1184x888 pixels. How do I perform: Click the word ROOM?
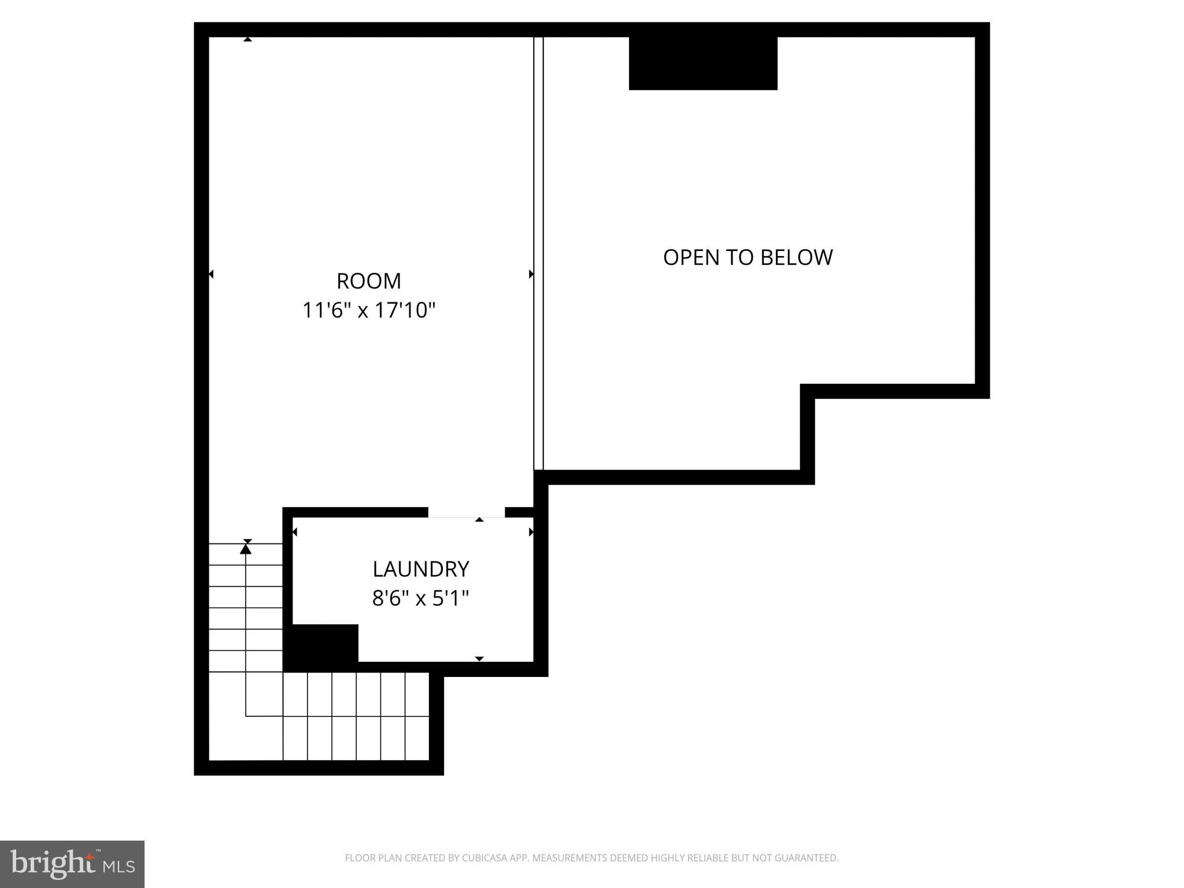click(369, 282)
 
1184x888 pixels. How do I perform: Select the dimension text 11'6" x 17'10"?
click(369, 311)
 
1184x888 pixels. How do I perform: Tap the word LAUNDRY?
click(420, 569)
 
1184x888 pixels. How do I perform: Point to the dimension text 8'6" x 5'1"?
click(420, 598)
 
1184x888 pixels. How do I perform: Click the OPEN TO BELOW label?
click(748, 257)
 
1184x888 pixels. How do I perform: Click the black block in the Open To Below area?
click(703, 64)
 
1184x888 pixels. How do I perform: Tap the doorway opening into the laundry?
click(466, 513)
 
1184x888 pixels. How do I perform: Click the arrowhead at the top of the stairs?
click(246, 549)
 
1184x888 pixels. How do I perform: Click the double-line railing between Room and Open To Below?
click(538, 254)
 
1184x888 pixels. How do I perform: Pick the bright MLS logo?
click(72, 864)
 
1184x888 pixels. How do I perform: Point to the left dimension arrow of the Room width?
click(211, 274)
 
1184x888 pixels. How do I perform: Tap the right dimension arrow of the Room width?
click(531, 274)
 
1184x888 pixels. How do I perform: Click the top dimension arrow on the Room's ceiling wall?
click(247, 39)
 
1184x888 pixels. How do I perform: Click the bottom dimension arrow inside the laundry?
click(479, 658)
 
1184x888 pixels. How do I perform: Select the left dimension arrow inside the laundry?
click(295, 532)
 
